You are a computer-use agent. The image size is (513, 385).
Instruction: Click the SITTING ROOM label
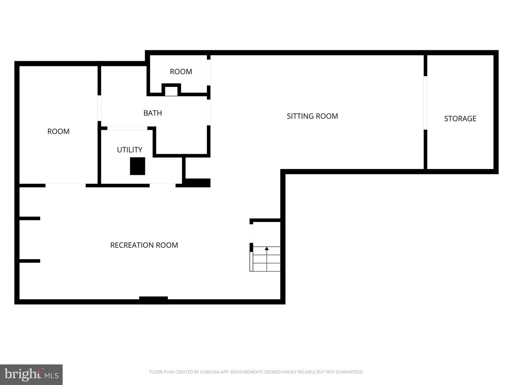pos(312,116)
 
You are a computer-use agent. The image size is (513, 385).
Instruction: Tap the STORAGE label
pos(460,119)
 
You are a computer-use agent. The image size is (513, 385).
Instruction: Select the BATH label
pos(152,113)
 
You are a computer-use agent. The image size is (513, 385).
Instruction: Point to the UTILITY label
pos(129,150)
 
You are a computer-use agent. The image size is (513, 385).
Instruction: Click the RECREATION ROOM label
pos(144,245)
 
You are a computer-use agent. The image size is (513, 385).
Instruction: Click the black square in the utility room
pos(138,166)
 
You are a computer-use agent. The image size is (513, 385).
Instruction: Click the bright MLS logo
pos(31,375)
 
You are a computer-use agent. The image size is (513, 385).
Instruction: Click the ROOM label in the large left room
pos(58,132)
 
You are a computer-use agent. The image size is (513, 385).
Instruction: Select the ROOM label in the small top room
pos(181,72)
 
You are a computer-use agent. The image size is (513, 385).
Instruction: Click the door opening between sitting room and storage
pos(425,103)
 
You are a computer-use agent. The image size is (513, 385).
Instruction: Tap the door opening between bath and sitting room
pos(209,112)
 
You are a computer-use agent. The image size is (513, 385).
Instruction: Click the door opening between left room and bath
pos(99,108)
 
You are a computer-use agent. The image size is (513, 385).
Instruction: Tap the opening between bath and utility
pos(127,128)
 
